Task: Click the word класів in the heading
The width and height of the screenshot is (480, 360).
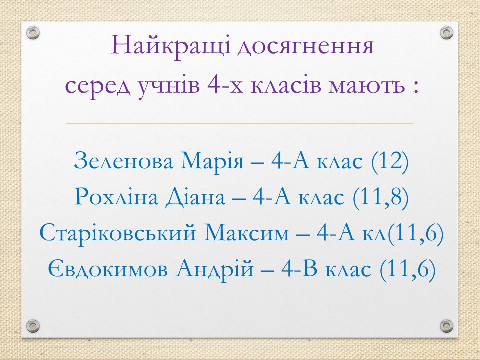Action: click(x=286, y=85)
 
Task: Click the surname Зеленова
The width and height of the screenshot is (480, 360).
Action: click(x=123, y=161)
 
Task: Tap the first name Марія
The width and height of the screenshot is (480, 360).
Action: click(x=212, y=162)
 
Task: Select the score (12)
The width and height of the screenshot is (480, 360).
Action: click(x=390, y=161)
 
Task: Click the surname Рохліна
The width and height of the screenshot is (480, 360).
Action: click(x=116, y=197)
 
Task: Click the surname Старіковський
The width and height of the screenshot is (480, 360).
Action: click(x=118, y=234)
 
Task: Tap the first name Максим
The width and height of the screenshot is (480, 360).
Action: click(x=246, y=233)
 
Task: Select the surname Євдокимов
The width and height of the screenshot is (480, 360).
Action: click(x=108, y=269)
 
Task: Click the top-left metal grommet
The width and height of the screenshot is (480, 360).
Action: click(x=33, y=33)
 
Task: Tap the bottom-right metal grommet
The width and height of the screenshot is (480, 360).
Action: click(x=446, y=326)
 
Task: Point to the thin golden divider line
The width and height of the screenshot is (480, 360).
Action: click(x=240, y=123)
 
